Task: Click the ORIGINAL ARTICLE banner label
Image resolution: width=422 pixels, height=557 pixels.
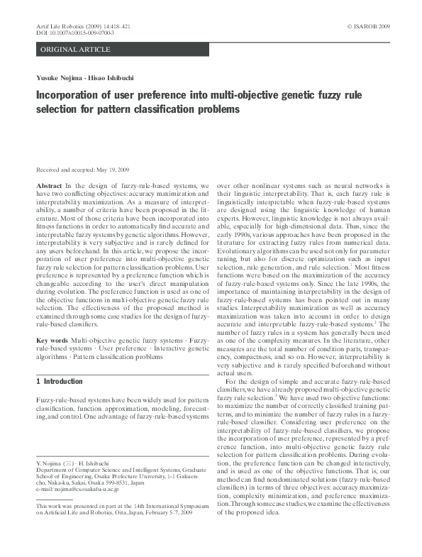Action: coord(76,49)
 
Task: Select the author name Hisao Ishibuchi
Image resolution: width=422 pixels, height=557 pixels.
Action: coord(109,78)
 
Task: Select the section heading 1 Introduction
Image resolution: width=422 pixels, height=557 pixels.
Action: coord(59,382)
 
